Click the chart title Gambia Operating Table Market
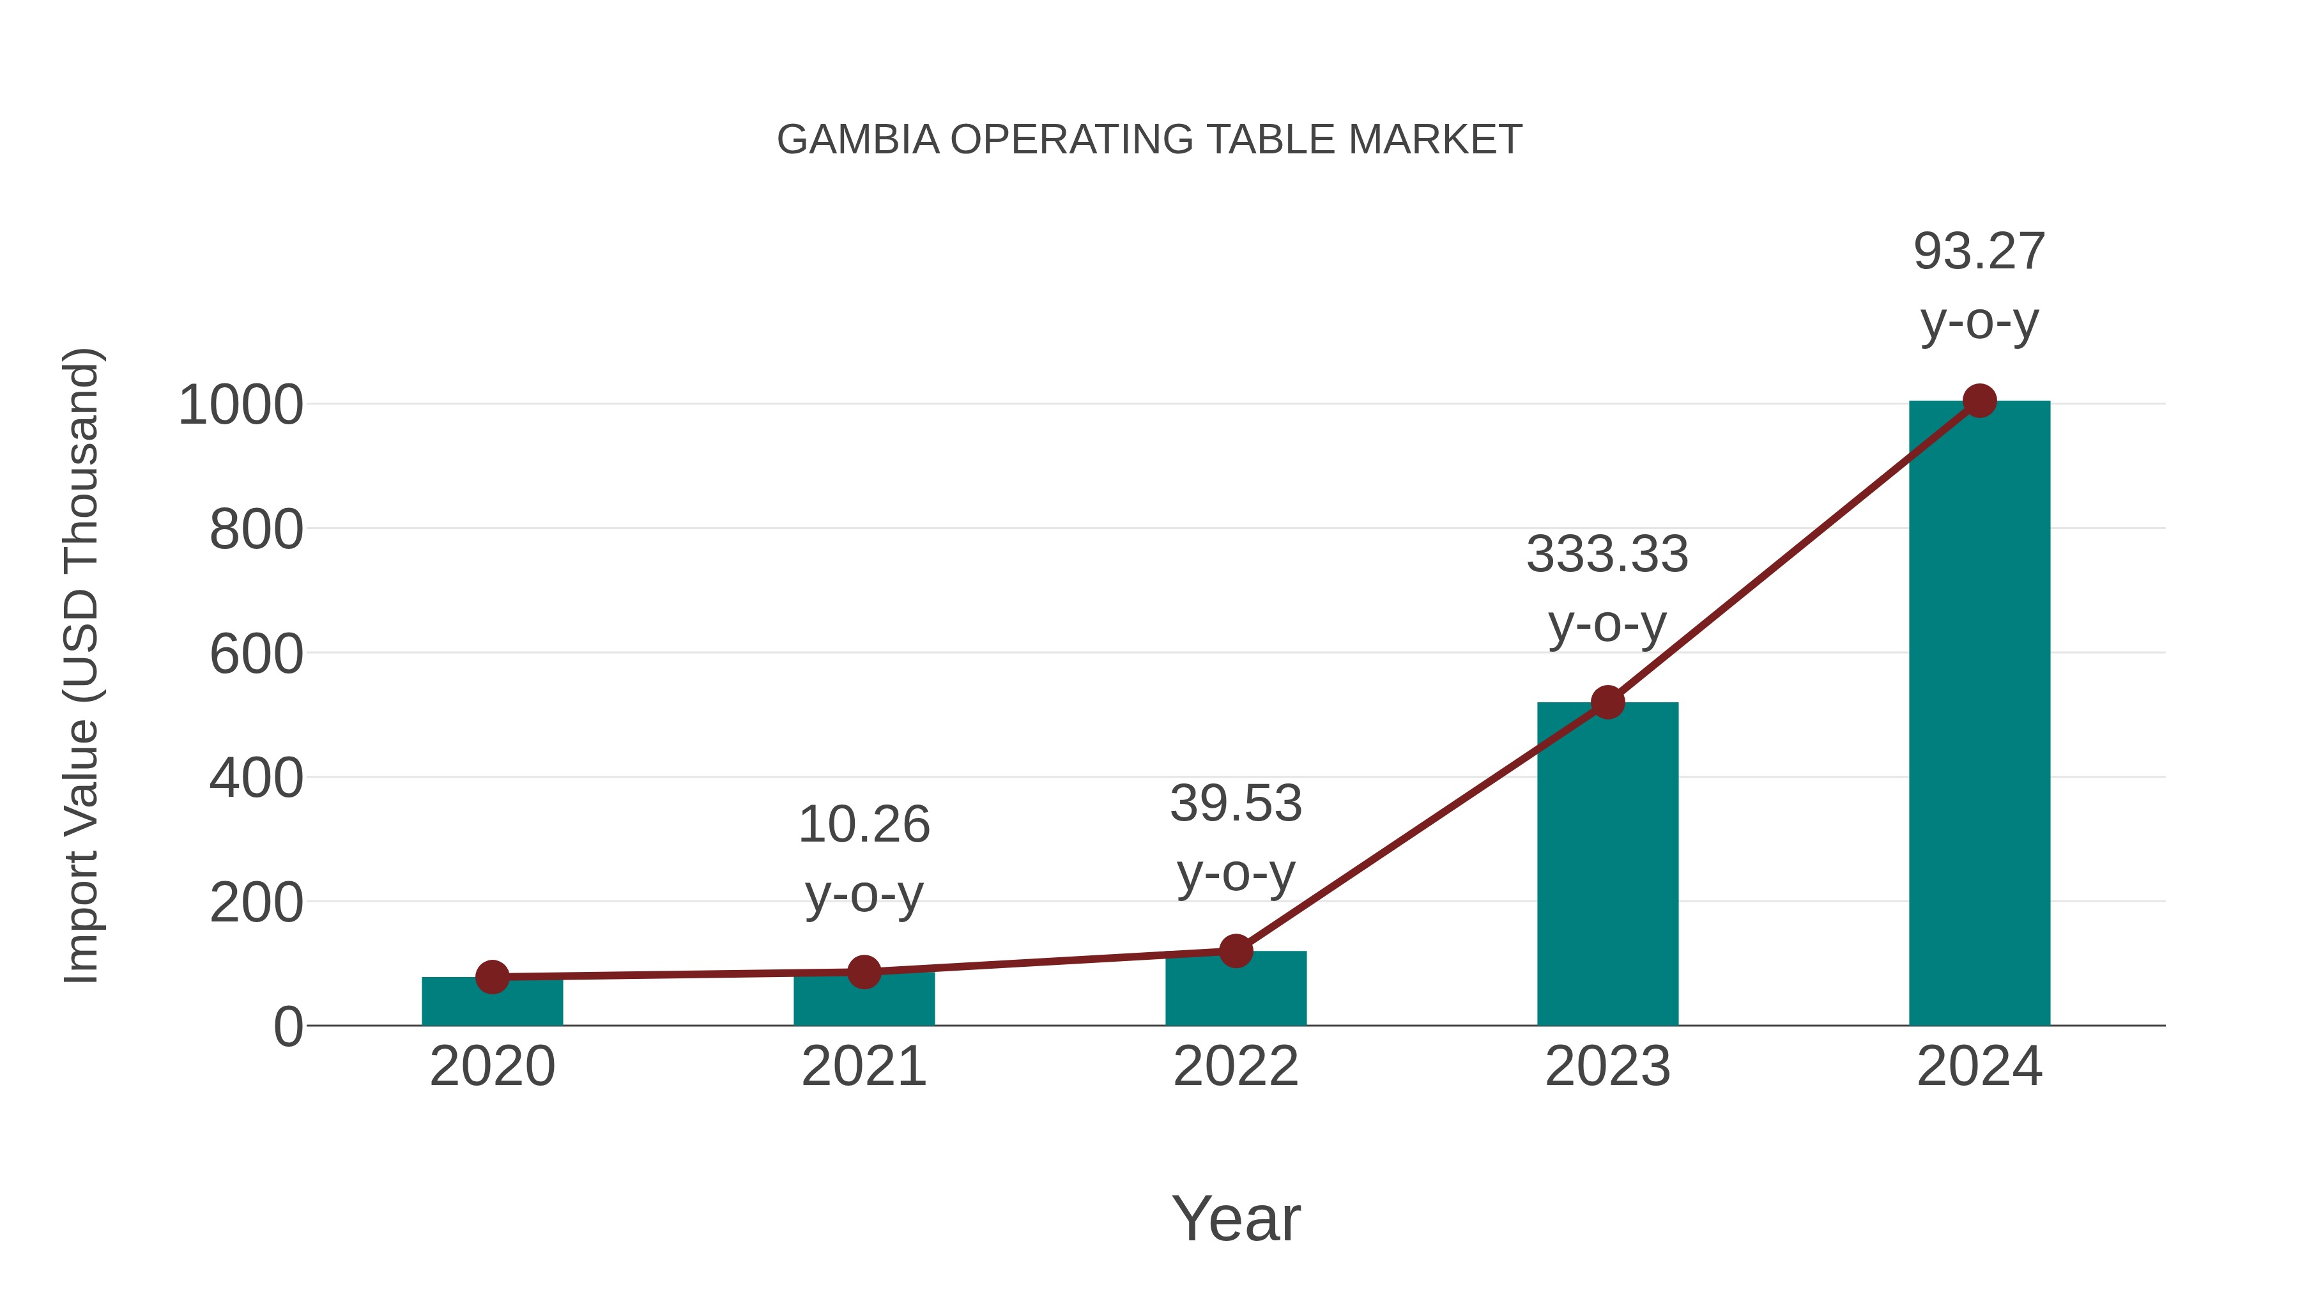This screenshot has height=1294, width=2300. [1149, 140]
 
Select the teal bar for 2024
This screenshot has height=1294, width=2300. [1979, 714]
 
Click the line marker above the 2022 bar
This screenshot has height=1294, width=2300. [1236, 951]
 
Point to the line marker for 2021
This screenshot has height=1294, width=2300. [863, 971]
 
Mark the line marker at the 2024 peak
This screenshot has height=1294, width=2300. [1979, 401]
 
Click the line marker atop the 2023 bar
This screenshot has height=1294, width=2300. [1607, 703]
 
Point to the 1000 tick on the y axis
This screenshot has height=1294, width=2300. [241, 405]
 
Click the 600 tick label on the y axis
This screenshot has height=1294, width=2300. [256, 654]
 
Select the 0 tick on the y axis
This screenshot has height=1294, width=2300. [287, 1027]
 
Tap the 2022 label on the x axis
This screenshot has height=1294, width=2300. [1236, 1067]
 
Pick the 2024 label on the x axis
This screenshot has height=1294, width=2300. [1979, 1067]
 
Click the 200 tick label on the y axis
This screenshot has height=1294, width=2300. [256, 903]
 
